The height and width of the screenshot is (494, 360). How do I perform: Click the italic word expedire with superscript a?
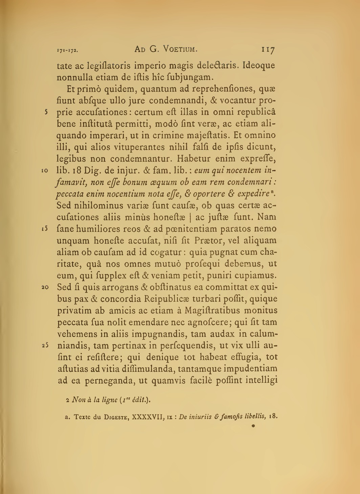click(255, 194)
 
